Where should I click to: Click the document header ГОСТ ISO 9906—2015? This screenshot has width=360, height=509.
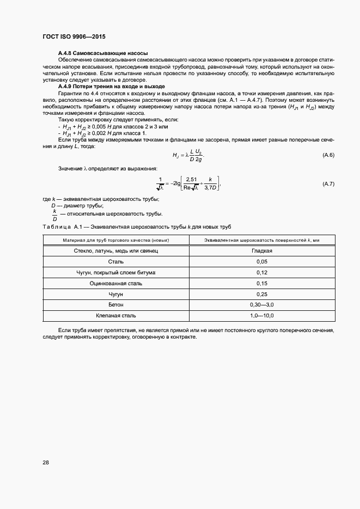click(74, 36)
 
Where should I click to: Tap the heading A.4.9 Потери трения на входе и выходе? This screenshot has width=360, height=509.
click(111, 87)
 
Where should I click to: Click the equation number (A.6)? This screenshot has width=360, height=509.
click(328, 155)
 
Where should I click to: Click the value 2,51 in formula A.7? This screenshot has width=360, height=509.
click(191, 179)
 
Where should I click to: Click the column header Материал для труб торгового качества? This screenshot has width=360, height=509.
click(115, 240)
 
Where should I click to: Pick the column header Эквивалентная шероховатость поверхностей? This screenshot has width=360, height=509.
click(262, 240)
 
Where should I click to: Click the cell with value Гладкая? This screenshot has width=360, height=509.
click(262, 251)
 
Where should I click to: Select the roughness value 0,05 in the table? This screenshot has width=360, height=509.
click(262, 262)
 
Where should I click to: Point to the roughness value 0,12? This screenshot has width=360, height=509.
click(262, 273)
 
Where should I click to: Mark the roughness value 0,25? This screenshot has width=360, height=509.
click(262, 294)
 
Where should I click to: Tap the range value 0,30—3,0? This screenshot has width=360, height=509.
click(262, 304)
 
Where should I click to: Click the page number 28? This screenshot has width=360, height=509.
click(46, 463)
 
